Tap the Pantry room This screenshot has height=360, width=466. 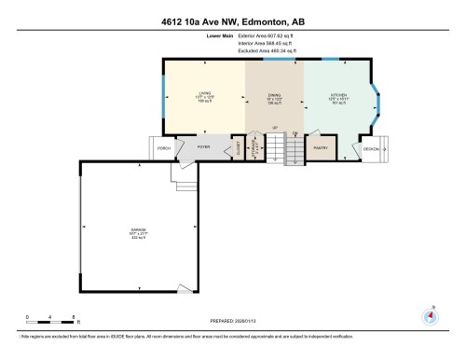point(321,147)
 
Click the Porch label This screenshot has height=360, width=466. point(164,147)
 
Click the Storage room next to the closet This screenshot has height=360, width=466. point(253,147)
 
